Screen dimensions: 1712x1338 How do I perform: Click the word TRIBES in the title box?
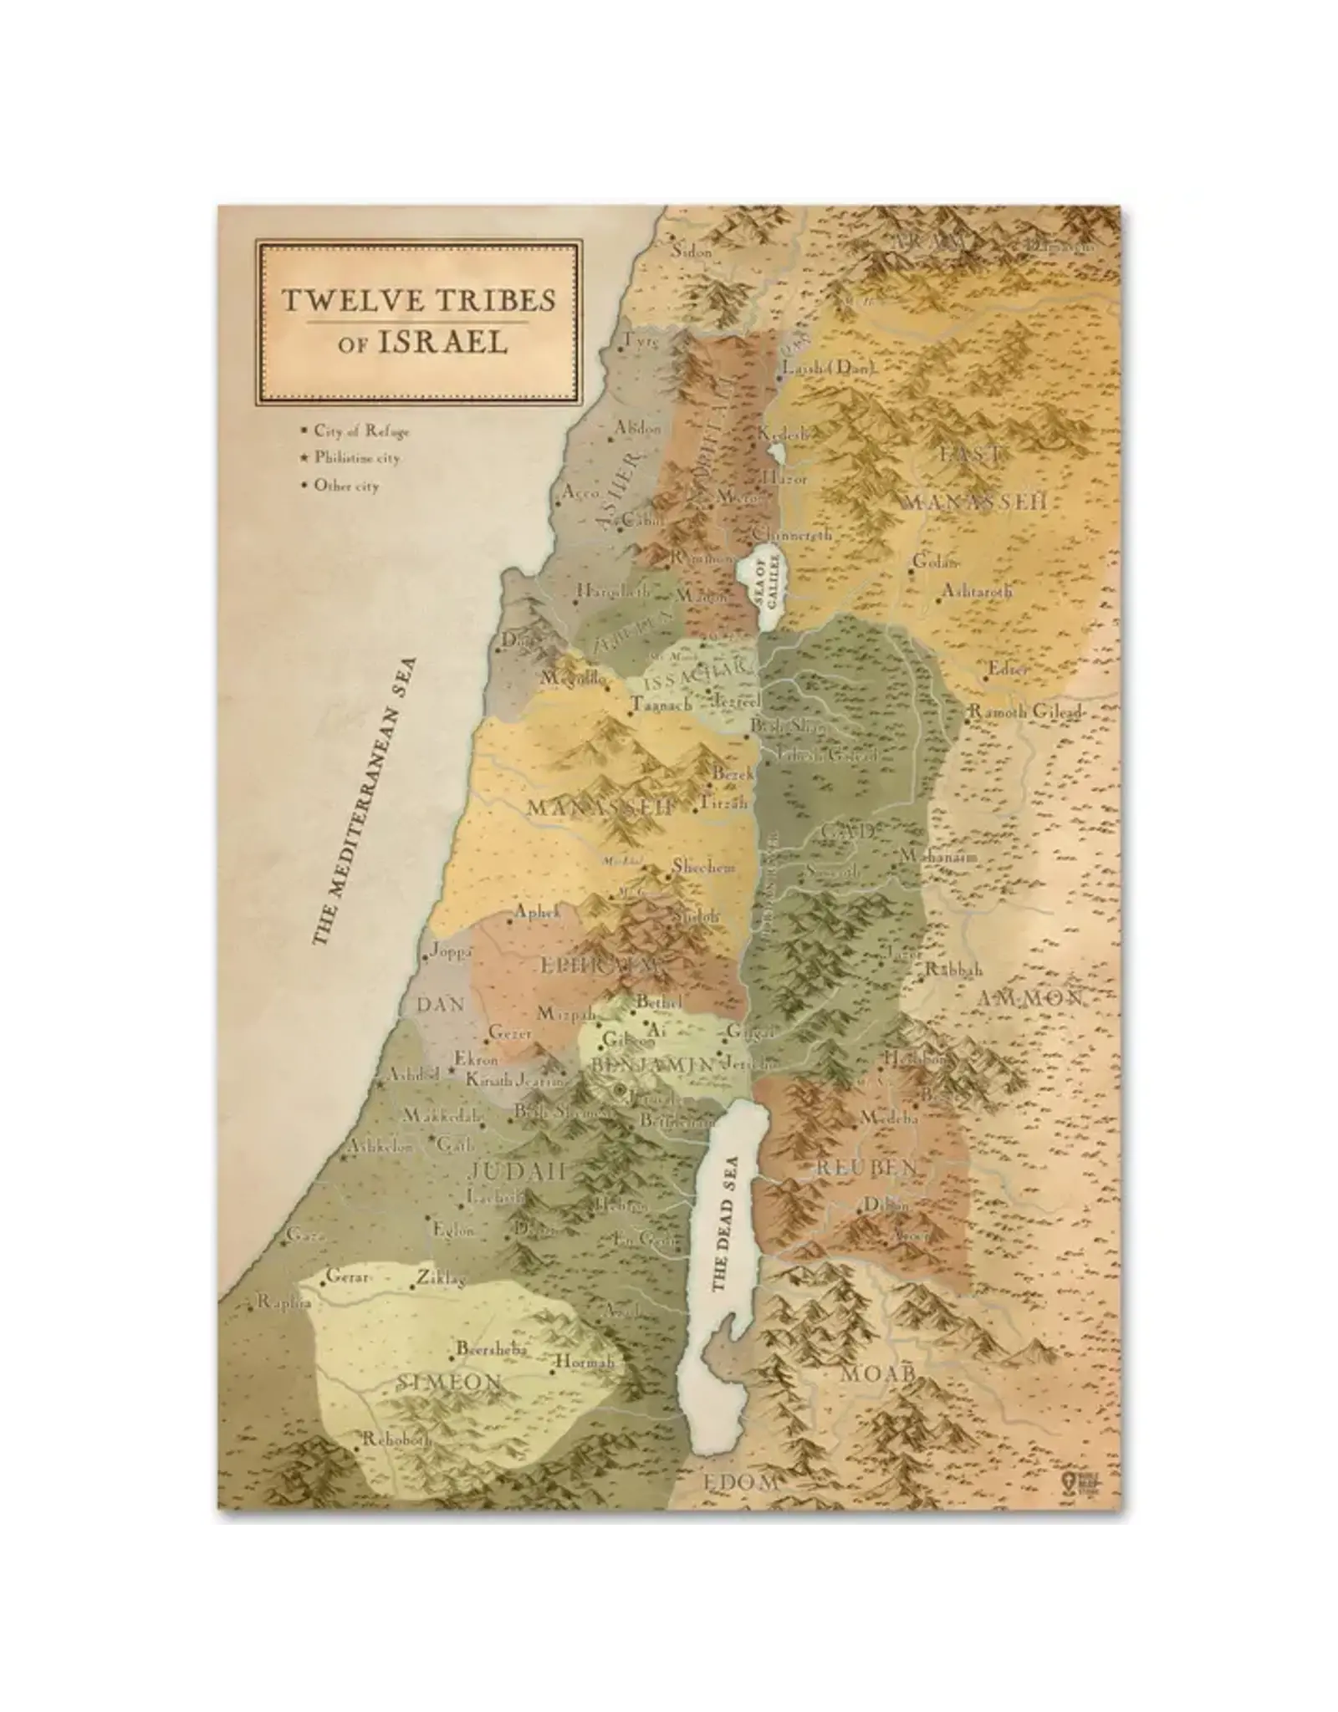point(481,300)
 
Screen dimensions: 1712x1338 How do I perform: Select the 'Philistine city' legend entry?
point(357,458)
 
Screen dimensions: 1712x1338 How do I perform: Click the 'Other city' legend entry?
point(345,486)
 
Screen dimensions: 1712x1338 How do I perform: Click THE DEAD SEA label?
point(723,1224)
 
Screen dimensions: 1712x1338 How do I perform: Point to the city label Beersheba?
point(490,1348)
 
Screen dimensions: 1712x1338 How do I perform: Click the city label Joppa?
point(452,952)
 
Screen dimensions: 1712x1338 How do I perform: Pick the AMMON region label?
point(1029,998)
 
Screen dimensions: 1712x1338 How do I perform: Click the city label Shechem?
point(704,868)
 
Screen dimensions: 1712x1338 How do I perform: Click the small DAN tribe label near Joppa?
point(441,1004)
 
